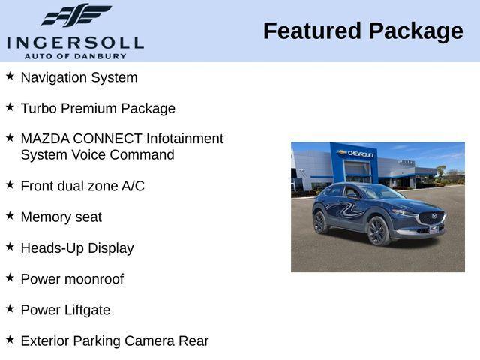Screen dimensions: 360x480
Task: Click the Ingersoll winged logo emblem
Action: [76, 15]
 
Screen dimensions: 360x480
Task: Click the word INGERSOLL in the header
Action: [75, 41]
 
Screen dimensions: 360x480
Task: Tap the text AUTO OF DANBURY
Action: [75, 56]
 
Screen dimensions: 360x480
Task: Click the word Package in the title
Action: [416, 31]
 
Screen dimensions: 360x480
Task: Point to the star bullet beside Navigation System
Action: [10, 76]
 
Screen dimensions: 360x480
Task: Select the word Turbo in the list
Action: [38, 108]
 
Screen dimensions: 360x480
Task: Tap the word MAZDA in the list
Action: [44, 139]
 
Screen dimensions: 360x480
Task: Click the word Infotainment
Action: [184, 139]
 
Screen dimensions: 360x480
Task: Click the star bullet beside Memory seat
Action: [10, 216]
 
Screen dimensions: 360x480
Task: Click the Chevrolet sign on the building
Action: [358, 153]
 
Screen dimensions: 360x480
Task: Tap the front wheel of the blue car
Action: [376, 231]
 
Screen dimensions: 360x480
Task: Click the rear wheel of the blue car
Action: [320, 222]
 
